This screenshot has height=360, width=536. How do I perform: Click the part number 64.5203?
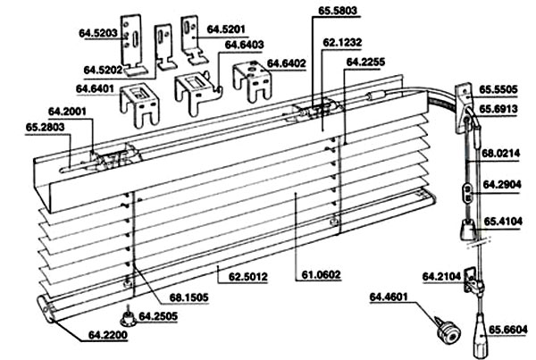pos(98,33)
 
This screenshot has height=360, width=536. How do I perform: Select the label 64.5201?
pos(226,29)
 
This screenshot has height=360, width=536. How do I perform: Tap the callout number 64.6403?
pos(244,45)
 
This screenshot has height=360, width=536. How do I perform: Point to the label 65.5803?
pos(338,10)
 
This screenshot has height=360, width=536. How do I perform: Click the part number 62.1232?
pos(342,42)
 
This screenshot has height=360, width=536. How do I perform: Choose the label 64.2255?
pos(365,62)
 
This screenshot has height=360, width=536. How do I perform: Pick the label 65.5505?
pos(498,89)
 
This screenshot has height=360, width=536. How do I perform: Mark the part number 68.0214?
pos(501,153)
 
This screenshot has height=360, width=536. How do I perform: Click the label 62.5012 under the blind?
pos(248,276)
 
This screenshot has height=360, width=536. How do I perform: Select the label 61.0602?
pos(321,274)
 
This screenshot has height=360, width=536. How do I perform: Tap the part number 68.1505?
pos(188,297)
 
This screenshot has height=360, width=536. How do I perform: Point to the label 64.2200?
pos(108,335)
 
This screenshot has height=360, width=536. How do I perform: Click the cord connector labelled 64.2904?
pos(468,194)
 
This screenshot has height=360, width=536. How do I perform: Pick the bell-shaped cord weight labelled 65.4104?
pos(467,230)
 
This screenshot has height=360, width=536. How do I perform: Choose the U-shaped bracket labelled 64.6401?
pos(139,105)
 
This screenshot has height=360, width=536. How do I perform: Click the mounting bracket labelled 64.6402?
pos(252,81)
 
